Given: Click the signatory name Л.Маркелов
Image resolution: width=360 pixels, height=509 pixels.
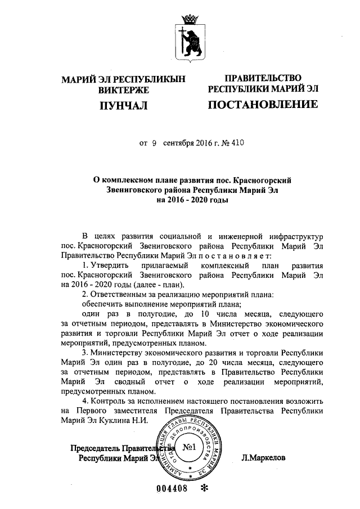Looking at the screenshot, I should (263, 458).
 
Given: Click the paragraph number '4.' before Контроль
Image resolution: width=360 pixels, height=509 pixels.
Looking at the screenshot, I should (85, 401).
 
